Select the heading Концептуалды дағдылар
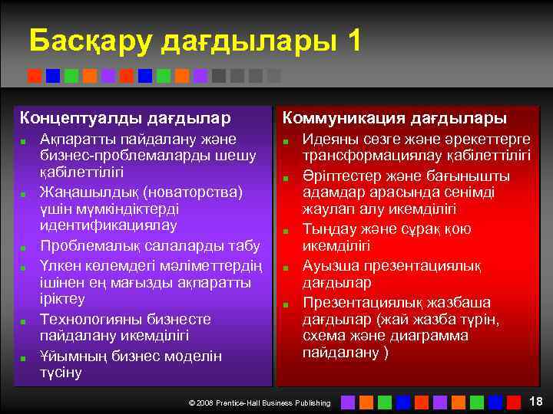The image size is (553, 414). (x=124, y=119)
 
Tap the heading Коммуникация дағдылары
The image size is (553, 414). (x=395, y=119)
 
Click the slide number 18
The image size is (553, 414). (x=536, y=401)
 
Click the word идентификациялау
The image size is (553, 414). (x=108, y=225)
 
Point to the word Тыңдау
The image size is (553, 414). (x=327, y=229)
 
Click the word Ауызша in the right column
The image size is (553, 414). (x=329, y=266)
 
